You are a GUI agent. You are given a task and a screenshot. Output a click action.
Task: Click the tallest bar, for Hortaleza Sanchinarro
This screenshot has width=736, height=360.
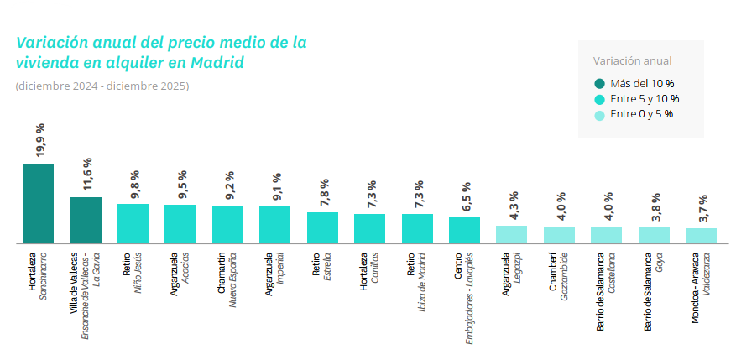(38, 203)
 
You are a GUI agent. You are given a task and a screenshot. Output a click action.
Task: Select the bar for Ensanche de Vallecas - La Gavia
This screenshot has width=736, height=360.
(86, 220)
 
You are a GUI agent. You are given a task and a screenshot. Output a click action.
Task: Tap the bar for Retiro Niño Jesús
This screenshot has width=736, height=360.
(133, 223)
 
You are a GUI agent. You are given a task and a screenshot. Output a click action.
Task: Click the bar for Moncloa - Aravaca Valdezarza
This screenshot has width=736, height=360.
(701, 235)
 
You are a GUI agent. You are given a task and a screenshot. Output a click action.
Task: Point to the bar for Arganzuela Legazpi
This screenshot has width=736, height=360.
(511, 234)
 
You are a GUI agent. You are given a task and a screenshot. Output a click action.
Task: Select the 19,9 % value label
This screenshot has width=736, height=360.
(39, 139)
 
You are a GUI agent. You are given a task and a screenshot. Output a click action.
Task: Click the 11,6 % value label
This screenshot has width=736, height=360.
(86, 174)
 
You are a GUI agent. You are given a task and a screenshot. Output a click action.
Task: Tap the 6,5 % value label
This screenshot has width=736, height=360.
(466, 197)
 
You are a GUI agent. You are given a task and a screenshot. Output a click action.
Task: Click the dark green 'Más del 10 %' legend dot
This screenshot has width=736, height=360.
(599, 83)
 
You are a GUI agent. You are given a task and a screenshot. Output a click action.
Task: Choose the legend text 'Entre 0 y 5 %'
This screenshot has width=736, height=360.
(642, 114)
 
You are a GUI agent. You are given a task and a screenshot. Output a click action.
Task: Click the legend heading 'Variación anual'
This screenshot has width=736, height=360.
(632, 60)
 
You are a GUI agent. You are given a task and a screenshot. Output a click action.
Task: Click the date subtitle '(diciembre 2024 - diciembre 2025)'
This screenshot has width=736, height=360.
(102, 86)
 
